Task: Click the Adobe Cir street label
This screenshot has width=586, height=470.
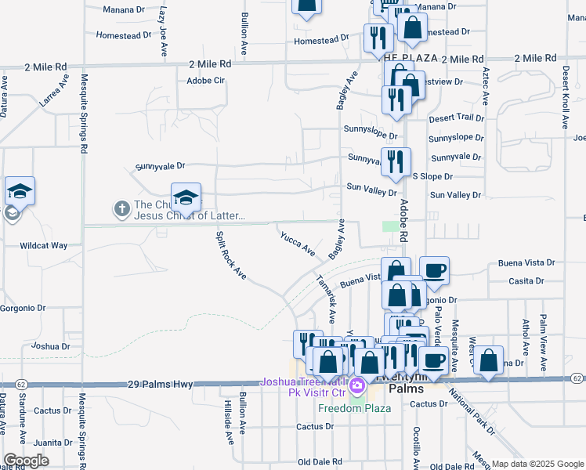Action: pyautogui.click(x=206, y=80)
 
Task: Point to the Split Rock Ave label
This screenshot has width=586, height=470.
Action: pyautogui.click(x=231, y=255)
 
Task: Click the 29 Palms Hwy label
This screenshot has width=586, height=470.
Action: pyautogui.click(x=159, y=385)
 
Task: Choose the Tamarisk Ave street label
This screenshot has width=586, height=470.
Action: pyautogui.click(x=326, y=298)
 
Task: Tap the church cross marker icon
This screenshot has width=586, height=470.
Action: pyautogui.click(x=121, y=208)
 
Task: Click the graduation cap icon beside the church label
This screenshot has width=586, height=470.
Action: pyautogui.click(x=186, y=197)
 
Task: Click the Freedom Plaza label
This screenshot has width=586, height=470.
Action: pyautogui.click(x=343, y=408)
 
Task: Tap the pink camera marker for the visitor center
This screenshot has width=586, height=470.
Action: pyautogui.click(x=356, y=385)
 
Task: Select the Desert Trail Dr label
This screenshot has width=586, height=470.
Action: pyautogui.click(x=456, y=117)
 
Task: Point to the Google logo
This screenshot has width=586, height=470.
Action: pyautogui.click(x=27, y=461)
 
